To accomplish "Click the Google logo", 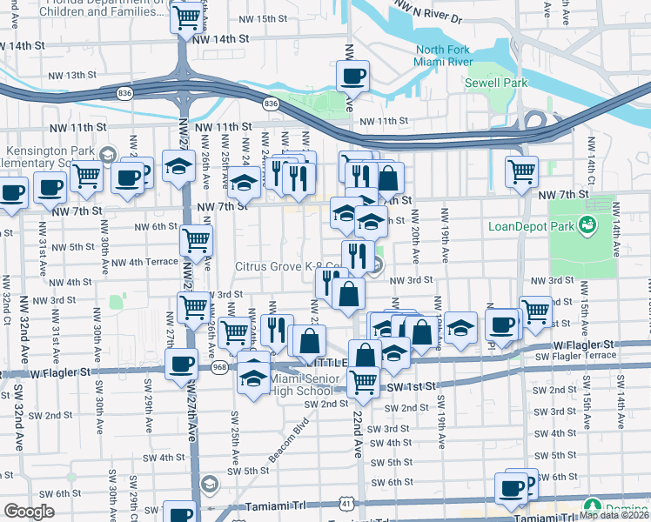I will pyautogui.click(x=30, y=511).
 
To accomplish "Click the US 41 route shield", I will pyautogui.click(x=347, y=503).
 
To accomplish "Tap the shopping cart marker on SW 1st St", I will pyautogui.click(x=363, y=380).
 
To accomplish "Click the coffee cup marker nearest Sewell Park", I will pyautogui.click(x=352, y=75).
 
